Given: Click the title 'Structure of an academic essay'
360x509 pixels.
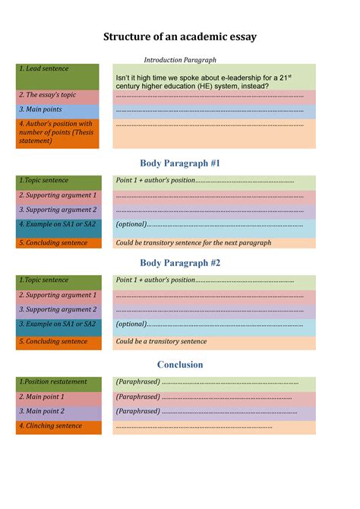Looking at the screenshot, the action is pos(180,36).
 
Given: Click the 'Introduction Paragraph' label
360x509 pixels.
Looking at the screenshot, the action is pos(180,60).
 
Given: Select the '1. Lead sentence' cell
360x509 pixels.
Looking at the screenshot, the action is pos(57,76).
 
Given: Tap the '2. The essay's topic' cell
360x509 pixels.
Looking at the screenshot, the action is pos(57,96).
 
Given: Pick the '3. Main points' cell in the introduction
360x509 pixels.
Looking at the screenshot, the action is pos(57,110).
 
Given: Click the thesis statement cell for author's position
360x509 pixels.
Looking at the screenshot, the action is pos(57,132).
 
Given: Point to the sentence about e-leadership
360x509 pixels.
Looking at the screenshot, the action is pos(203,81).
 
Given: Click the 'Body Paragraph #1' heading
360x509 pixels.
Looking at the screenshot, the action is pos(180,163).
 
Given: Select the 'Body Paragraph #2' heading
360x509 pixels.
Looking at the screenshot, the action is pos(180,263).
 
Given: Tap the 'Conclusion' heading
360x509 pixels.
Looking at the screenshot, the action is pos(180,365).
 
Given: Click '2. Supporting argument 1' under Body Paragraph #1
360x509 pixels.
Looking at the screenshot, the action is pos(57,196).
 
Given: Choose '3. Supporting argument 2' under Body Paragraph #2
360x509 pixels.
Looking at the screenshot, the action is pos(57,310).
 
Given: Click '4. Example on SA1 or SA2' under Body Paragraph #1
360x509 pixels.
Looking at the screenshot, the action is pos(57,225).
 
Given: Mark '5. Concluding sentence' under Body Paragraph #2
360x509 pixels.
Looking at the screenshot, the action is pos(57,342).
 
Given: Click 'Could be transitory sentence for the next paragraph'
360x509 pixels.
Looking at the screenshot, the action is pos(193,243).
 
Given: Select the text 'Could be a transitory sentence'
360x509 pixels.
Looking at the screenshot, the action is pos(161,342).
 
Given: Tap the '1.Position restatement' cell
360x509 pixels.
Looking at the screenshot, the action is pos(57,382).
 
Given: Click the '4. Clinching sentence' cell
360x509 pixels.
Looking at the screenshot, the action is pos(57,426).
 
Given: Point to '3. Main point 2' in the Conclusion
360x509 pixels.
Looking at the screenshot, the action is pos(57,412).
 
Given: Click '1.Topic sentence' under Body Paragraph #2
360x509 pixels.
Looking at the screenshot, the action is pos(57,280).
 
